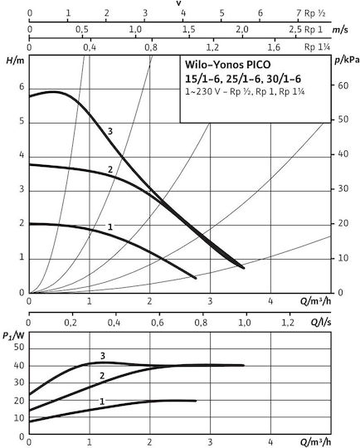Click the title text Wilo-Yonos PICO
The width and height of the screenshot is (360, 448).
[x=227, y=65]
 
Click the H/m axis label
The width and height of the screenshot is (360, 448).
[x=16, y=61]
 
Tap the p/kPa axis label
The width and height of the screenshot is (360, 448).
[x=347, y=61]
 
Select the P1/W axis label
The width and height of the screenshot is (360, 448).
[x=13, y=336]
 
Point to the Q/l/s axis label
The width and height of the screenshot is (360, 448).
[x=321, y=322]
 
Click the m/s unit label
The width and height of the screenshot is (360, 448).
[x=340, y=30]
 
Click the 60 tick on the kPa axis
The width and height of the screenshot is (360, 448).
[x=343, y=85]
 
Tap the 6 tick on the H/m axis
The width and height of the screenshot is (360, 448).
[x=22, y=86]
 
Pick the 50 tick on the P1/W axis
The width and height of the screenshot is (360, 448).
[x=19, y=348]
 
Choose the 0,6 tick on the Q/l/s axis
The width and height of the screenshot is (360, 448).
[x=158, y=323]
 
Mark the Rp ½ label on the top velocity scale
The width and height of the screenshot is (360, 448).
[x=314, y=13]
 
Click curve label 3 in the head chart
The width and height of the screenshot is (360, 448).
[x=110, y=131]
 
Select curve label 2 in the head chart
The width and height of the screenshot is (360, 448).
[x=110, y=170]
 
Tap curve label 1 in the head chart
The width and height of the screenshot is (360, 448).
[x=110, y=226]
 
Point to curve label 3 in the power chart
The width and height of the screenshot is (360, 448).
[x=103, y=356]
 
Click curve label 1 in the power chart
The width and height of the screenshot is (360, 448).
[x=102, y=402]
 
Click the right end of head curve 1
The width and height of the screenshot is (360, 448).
[x=196, y=278]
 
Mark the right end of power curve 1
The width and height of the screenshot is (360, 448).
[x=196, y=401]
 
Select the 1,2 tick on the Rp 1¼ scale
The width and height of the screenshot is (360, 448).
[x=212, y=47]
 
